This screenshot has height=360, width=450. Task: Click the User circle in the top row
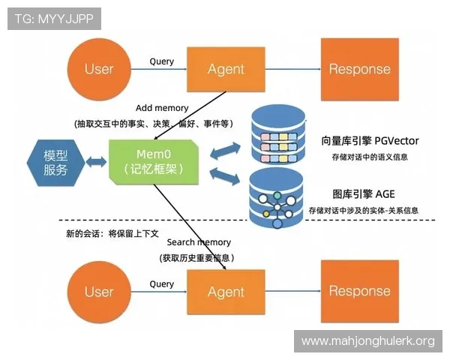(98, 68)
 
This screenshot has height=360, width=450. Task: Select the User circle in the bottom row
(98, 291)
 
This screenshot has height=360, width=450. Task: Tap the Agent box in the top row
(226, 68)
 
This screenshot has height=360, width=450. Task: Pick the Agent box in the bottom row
(226, 291)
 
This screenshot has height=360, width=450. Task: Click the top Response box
(359, 68)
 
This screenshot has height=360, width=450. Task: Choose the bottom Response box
(359, 291)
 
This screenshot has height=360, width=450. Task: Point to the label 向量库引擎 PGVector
(370, 140)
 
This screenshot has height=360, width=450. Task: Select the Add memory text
(162, 108)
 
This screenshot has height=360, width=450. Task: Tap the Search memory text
(199, 242)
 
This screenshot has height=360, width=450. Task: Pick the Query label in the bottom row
(161, 284)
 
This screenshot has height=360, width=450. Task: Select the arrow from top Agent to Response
(293, 69)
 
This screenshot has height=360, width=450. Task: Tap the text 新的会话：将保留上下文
(112, 233)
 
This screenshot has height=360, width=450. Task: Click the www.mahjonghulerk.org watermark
(367, 341)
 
